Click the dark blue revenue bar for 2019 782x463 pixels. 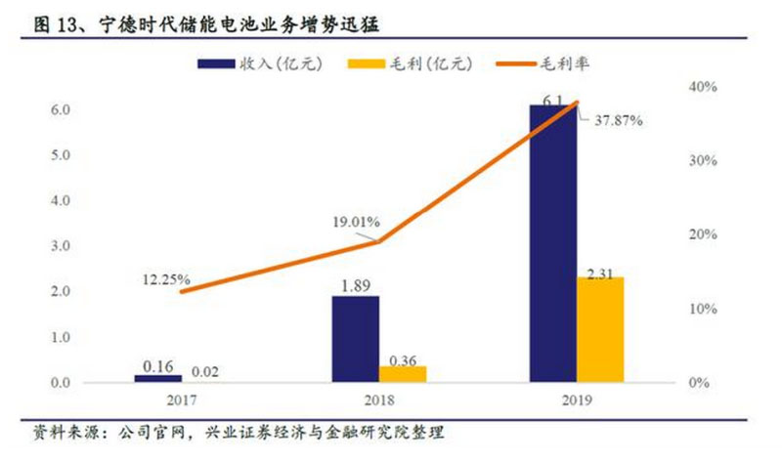click(552, 244)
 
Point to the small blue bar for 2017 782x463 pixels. click(158, 378)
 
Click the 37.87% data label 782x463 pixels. click(619, 122)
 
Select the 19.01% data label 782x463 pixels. click(355, 221)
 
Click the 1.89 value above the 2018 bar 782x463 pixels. click(356, 285)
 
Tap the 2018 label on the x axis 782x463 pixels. click(378, 400)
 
